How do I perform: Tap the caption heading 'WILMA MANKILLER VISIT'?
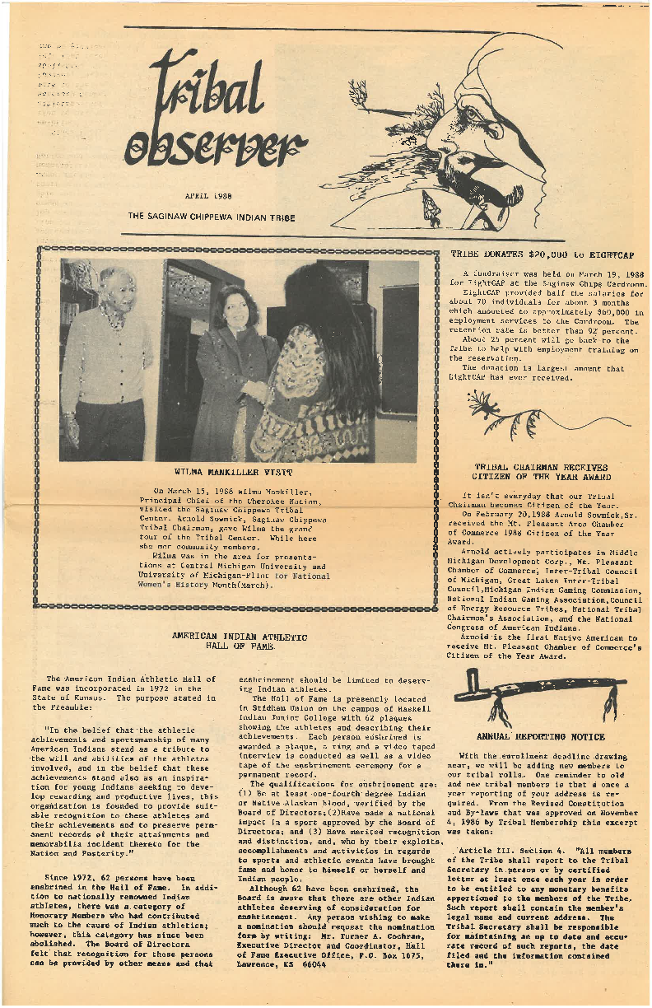point(233,472)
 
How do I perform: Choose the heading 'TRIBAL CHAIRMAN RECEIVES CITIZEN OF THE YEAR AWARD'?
point(541,471)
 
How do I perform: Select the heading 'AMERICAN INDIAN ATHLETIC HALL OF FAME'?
point(240,642)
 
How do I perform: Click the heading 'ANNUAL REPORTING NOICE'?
point(541,737)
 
